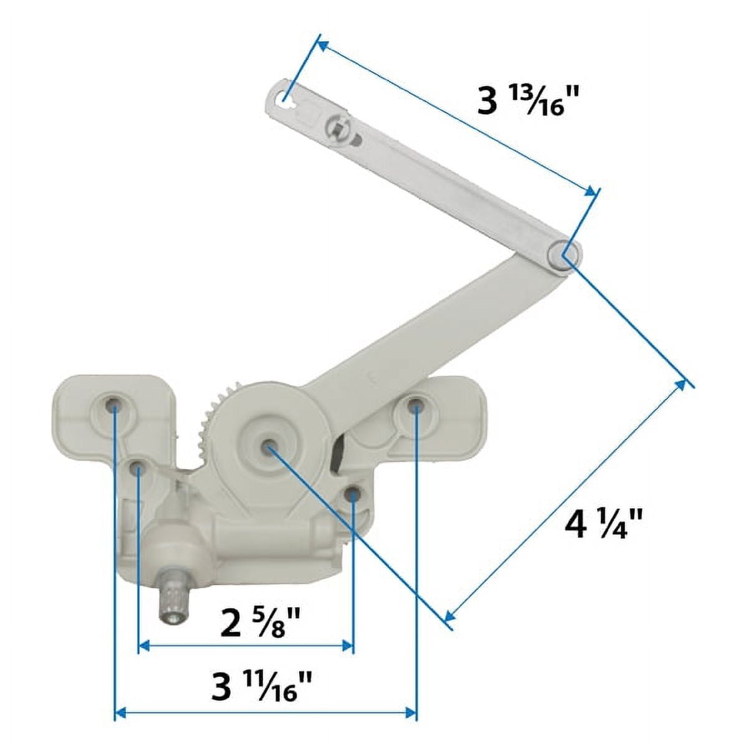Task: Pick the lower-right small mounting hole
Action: pos(353,494)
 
